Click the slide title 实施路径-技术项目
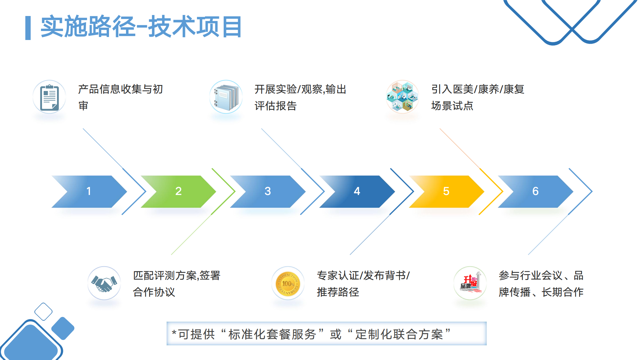point(141,27)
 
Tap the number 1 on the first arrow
point(89,191)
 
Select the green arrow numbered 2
point(178,191)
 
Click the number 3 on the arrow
point(268,191)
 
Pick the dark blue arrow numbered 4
point(357,191)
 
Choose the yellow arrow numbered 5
point(446,191)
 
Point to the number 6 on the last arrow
point(535,191)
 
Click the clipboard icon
point(49,97)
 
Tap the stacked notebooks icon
point(226,97)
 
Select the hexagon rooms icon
point(402,97)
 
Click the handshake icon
point(104,283)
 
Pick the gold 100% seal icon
point(288,283)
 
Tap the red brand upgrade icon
point(470,283)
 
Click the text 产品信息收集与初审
point(120,97)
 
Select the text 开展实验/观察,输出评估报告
point(300,97)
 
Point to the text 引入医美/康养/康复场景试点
point(478,97)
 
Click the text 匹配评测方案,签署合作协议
point(177,284)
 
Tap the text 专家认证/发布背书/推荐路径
point(363,284)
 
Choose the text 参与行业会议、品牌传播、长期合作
point(541,284)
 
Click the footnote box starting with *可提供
point(326,334)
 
